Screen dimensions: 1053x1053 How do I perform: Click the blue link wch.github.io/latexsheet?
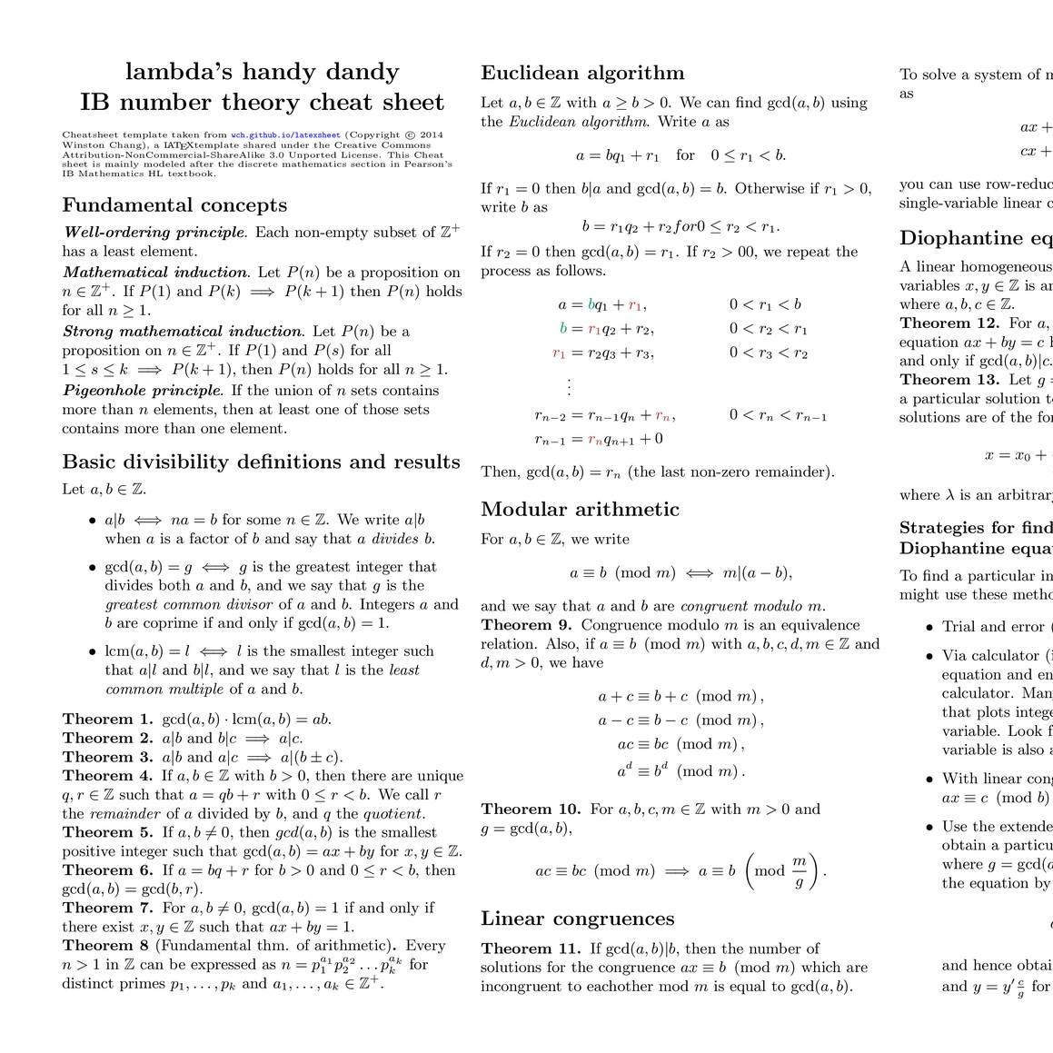[x=285, y=134]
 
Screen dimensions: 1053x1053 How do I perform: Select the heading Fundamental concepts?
[x=174, y=205]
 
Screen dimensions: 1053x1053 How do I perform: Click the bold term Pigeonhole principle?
[x=142, y=391]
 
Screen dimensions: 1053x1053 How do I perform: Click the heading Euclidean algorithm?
[x=582, y=74]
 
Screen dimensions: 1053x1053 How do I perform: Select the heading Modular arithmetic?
[x=580, y=509]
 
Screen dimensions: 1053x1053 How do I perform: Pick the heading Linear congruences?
[x=577, y=919]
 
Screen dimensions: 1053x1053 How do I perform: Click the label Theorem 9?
[x=526, y=625]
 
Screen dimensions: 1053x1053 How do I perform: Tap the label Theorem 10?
[x=531, y=809]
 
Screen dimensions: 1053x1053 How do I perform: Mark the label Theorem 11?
[x=531, y=949]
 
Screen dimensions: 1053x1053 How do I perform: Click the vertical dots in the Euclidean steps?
[x=569, y=386]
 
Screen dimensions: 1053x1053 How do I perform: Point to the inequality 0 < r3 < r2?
[x=768, y=353]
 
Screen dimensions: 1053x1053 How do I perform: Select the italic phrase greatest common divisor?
[x=188, y=604]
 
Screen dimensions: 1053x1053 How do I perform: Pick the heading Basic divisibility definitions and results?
[x=261, y=462]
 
